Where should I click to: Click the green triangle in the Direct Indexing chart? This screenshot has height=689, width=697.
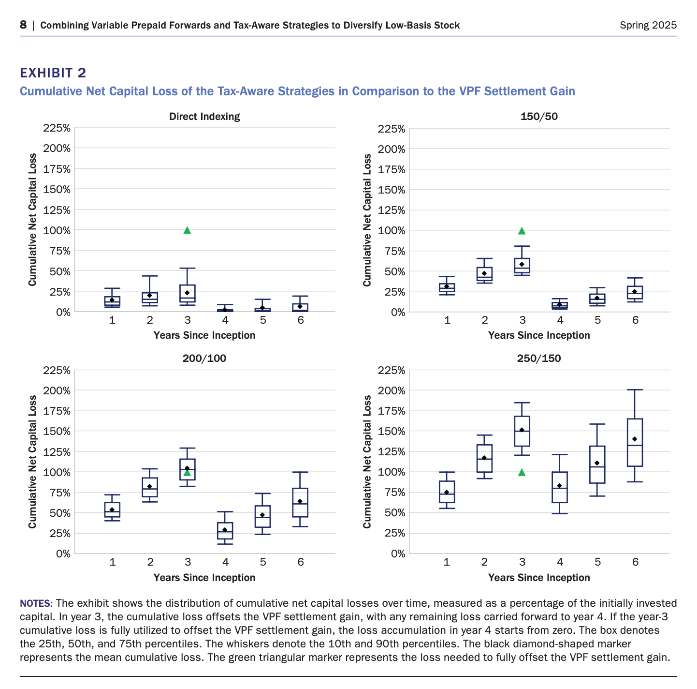[x=187, y=230]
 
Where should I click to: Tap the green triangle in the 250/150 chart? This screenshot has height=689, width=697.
[x=522, y=472]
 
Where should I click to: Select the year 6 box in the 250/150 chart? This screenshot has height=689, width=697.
[x=635, y=442]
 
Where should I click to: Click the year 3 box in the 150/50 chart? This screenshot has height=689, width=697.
[x=522, y=266]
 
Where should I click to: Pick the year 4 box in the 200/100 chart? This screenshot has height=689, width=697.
[x=225, y=531]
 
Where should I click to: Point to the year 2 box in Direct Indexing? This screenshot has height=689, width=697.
[x=150, y=298]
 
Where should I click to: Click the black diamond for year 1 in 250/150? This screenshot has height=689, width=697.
[x=446, y=492]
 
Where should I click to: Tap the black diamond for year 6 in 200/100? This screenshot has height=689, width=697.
[x=300, y=501]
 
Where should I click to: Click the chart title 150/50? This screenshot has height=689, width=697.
[x=539, y=117]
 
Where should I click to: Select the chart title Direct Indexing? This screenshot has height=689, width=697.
[x=204, y=117]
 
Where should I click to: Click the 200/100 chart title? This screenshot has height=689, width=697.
[x=204, y=358]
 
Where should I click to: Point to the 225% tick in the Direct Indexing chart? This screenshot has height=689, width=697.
[x=57, y=128]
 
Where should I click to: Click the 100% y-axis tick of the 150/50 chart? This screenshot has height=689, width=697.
[x=392, y=230]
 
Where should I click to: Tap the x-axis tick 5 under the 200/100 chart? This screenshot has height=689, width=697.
[x=262, y=562]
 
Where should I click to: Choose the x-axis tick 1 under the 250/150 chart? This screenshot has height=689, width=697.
[x=447, y=562]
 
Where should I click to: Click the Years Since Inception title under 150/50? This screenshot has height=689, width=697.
[x=539, y=335]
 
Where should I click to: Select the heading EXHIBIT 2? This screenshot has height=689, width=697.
[x=53, y=73]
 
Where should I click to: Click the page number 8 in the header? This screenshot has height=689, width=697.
[x=23, y=25]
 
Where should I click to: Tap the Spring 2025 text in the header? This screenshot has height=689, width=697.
[x=648, y=25]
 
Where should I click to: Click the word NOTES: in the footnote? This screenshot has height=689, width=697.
[x=36, y=603]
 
